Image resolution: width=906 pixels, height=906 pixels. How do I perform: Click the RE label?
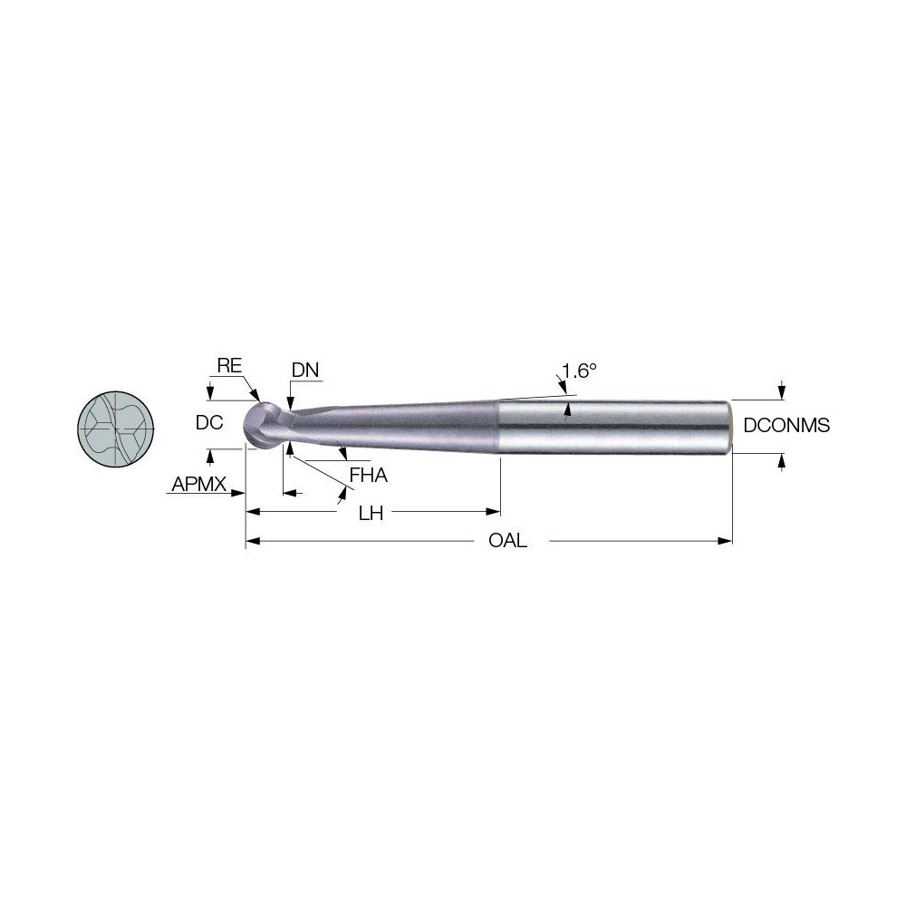click(229, 366)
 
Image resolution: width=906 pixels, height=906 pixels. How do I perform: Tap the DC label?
click(209, 423)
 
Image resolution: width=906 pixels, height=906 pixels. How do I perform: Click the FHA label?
click(368, 474)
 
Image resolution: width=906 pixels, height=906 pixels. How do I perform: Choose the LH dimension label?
click(371, 514)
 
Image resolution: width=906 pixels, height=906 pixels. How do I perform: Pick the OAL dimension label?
click(508, 542)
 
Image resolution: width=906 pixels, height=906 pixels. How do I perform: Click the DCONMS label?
click(786, 425)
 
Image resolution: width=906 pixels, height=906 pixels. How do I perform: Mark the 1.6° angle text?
click(580, 371)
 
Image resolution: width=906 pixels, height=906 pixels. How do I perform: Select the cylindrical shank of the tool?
click(616, 426)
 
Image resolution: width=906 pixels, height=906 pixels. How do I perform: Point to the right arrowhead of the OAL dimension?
click(726, 542)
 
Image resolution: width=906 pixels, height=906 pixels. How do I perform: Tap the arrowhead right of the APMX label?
click(240, 494)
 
